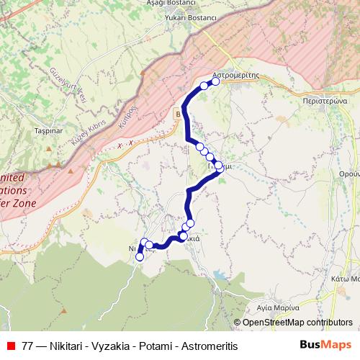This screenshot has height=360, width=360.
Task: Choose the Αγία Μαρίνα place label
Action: pos(277,306)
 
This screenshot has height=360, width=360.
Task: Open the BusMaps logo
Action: pos(325,345)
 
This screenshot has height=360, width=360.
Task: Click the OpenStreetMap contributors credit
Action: pos(297,323)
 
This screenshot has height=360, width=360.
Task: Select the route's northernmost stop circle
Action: pos(215,81)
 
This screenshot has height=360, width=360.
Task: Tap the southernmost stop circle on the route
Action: pos(140,257)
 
